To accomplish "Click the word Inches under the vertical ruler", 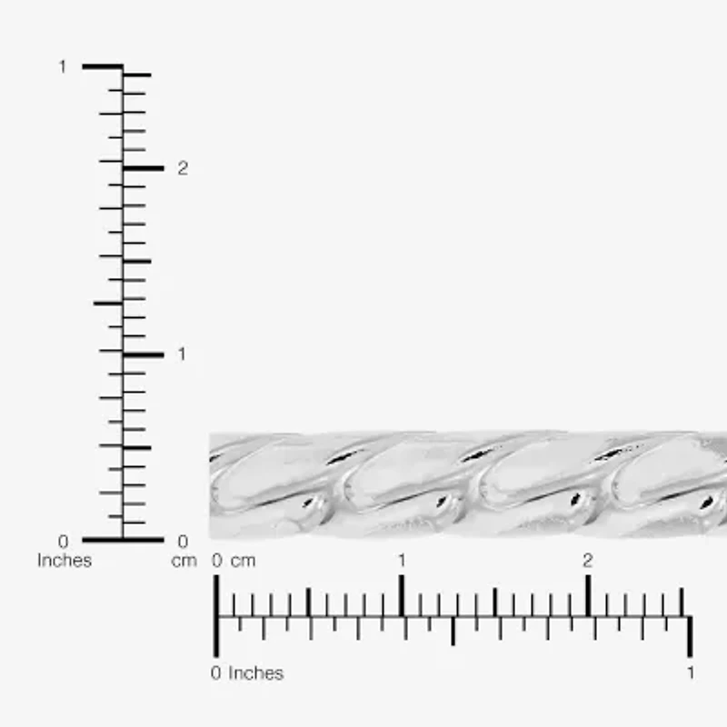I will (x=64, y=561).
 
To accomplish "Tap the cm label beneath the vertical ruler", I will (x=184, y=561).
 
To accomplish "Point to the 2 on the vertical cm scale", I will (x=183, y=168).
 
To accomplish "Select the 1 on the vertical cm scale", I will (x=181, y=354).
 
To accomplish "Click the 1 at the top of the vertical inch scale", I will (x=63, y=66).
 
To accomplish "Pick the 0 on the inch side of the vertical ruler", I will (x=63, y=542).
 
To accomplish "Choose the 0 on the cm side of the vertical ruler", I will (x=183, y=542).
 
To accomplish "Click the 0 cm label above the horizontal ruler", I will (x=234, y=561).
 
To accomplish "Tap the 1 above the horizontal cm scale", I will (x=402, y=561).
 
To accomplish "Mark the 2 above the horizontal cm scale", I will (x=587, y=561).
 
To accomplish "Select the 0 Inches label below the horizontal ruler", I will (x=247, y=673).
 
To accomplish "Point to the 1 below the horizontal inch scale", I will (x=691, y=673).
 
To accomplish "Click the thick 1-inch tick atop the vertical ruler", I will (x=102, y=66).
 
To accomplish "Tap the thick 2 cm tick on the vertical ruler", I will (x=144, y=168).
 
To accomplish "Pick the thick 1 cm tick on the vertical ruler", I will (x=144, y=354).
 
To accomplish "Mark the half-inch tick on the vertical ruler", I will (x=107, y=303).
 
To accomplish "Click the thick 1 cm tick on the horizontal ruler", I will (x=402, y=596).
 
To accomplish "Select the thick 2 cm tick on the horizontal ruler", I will (x=588, y=596).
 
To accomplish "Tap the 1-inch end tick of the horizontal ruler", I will (x=690, y=636).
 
